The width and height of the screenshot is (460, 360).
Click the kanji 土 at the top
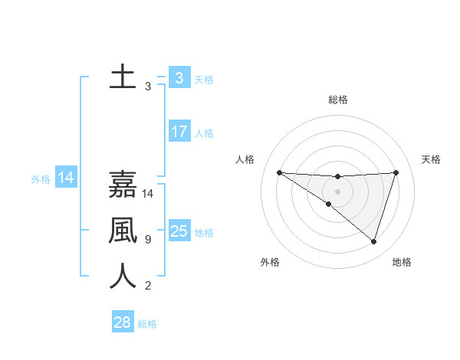click(123, 77)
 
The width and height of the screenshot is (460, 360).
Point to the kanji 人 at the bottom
click(123, 276)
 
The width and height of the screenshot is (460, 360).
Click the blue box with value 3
click(179, 77)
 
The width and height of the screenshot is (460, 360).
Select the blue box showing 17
click(179, 132)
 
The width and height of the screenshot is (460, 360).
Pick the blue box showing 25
click(179, 231)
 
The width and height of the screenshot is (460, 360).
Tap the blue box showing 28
click(122, 322)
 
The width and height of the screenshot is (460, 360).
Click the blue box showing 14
click(66, 178)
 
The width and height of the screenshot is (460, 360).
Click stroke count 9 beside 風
click(147, 240)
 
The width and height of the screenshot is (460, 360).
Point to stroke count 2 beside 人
click(147, 286)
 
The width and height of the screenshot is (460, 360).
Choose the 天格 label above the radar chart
click(431, 159)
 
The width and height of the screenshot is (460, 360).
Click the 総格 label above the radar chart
click(338, 100)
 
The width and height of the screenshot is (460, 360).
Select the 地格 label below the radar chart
click(402, 262)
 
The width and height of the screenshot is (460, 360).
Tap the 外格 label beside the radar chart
click(270, 262)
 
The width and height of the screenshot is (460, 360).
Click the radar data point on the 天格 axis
click(396, 172)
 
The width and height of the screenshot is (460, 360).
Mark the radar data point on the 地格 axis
click(373, 241)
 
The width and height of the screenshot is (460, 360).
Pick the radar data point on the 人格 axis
click(279, 172)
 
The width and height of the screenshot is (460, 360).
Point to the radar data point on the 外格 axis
click(329, 204)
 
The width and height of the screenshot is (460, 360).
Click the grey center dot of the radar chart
click(337, 191)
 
